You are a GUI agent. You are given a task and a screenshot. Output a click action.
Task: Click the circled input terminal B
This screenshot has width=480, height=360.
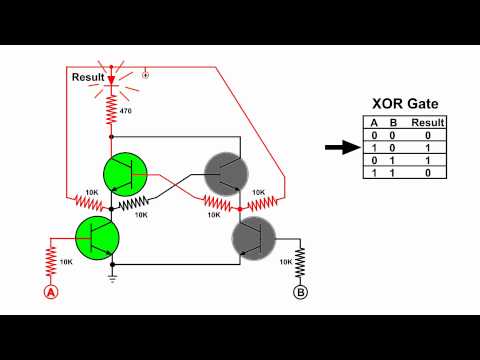tap(299, 292)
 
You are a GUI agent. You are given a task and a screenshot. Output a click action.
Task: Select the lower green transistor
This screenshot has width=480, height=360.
tap(97, 238)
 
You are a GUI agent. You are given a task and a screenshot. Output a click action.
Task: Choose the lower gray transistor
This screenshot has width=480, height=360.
tap(254, 238)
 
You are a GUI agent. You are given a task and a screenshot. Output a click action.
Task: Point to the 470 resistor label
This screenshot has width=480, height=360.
tap(125, 110)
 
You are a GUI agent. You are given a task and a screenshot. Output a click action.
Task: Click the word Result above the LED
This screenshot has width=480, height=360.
tap(88, 76)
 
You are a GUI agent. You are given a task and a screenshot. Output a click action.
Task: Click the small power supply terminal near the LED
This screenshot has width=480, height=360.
tap(147, 73)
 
